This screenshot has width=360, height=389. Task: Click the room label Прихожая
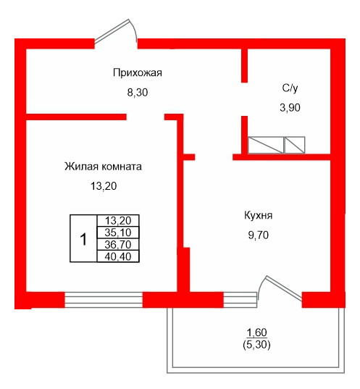[x=136, y=72]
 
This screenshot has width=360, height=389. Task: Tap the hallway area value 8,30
[x=137, y=93]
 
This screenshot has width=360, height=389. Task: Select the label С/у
[x=290, y=88]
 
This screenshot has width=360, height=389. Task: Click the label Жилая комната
[x=103, y=166]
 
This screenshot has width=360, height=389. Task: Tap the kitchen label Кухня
[x=258, y=215]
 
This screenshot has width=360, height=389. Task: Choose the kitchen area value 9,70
[x=258, y=235]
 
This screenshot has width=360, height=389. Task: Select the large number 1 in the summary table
[x=83, y=238]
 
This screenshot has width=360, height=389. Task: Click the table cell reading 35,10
[x=117, y=233]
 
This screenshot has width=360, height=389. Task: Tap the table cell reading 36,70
[x=117, y=244]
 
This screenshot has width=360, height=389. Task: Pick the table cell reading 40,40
[x=117, y=256]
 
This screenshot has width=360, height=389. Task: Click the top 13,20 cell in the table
[x=117, y=221]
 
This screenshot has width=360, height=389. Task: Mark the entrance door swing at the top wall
[x=117, y=30]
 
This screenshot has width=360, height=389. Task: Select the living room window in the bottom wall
[x=103, y=298]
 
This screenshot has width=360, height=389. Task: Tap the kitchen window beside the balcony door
[x=240, y=298]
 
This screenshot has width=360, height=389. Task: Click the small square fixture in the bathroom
[x=295, y=144]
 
